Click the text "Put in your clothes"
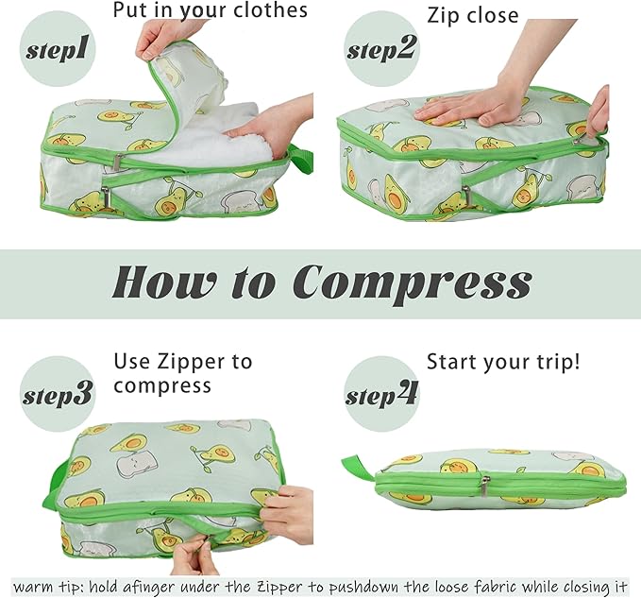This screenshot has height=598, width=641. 210,11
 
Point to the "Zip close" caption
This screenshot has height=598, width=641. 472,16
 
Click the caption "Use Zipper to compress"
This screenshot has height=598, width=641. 182,373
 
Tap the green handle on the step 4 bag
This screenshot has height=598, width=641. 358,467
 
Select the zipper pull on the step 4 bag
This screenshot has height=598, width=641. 484,486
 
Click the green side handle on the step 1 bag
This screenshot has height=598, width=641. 301,158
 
